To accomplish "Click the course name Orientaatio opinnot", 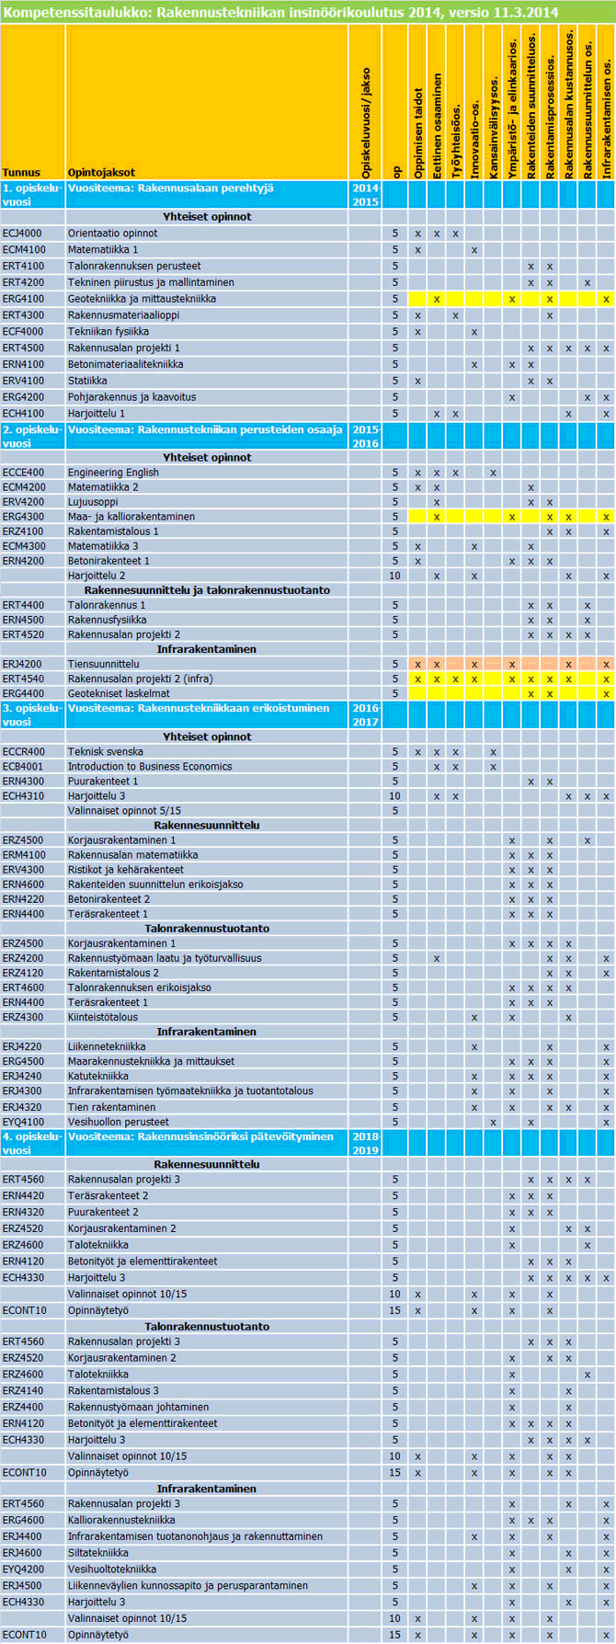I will point(112,234).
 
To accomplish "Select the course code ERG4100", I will point(23,299).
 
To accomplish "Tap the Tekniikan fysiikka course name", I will point(108,332).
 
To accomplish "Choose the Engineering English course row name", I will point(113,473).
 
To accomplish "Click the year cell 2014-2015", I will point(365,194).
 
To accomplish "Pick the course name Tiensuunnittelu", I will point(104,664).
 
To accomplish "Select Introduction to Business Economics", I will point(150,767).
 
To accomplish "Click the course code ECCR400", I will point(23,752).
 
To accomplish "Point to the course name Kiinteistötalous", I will point(103,1017).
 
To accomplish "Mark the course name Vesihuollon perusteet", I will point(118,1122).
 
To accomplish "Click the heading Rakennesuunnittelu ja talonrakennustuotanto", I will point(207,590).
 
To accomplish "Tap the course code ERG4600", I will point(23,1520).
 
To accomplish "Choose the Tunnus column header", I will point(21,172).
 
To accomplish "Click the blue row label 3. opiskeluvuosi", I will point(32,715).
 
